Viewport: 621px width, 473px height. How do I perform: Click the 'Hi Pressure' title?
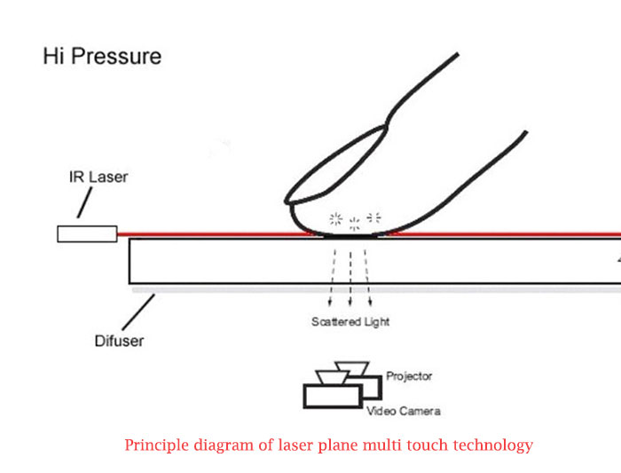coord(102,57)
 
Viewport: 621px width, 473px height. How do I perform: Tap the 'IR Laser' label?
coord(98,177)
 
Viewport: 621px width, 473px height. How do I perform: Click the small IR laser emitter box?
coord(87,233)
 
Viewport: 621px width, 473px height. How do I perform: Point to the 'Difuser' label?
coord(119,340)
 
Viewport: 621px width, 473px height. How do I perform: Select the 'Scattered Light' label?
coord(350,321)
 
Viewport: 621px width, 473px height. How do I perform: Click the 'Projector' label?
coord(409,376)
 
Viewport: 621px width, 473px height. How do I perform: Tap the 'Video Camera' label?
coord(404,411)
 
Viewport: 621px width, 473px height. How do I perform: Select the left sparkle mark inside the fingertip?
coord(336,217)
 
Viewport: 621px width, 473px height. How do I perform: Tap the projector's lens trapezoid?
coord(352,367)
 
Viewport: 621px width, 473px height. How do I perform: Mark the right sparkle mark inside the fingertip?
coord(373,217)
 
